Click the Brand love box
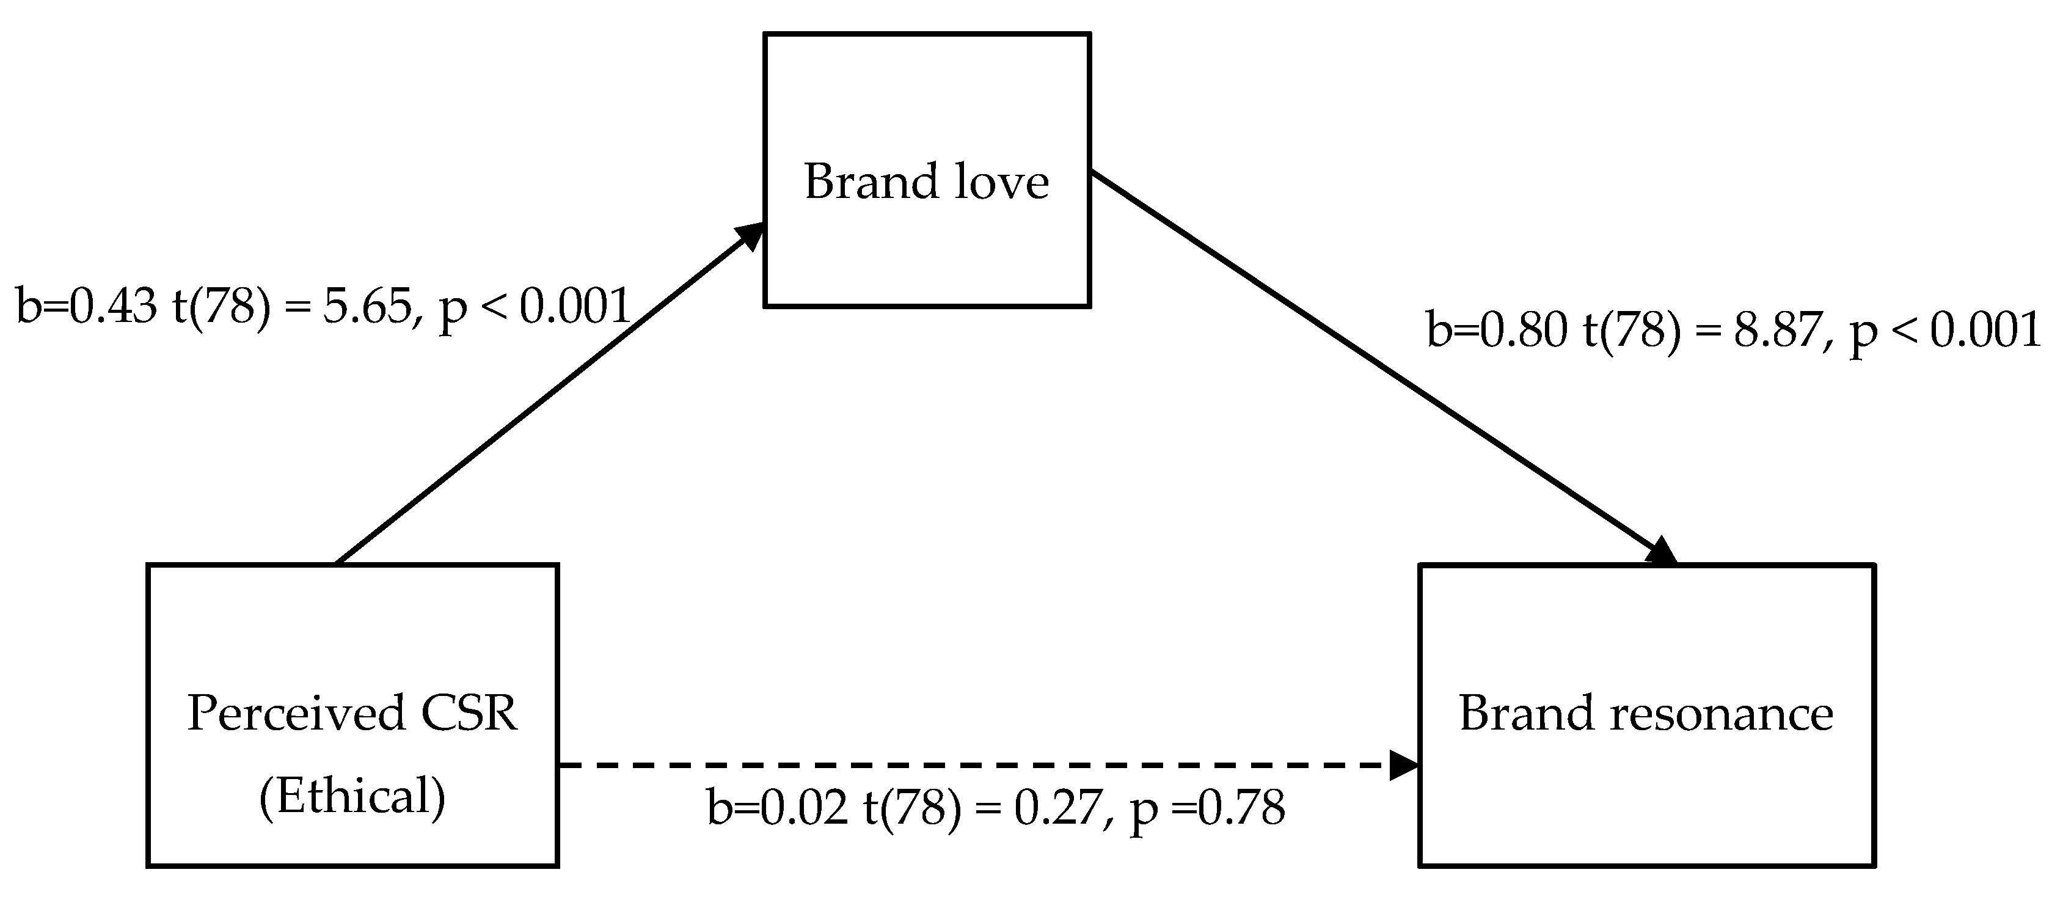927,240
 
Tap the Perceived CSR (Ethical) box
352,641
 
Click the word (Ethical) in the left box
352,797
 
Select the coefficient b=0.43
87,306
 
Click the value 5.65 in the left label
367,306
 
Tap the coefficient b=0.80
1497,329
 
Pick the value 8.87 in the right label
1778,329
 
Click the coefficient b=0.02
777,807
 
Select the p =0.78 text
1208,807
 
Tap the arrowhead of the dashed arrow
1403,766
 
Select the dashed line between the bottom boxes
961,766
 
